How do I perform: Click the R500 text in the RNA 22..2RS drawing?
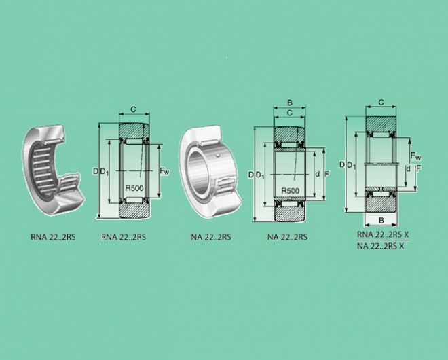tap(134, 188)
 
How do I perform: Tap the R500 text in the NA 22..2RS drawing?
tap(291, 191)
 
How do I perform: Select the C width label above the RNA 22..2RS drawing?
tap(133, 109)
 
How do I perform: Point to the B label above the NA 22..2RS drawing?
tap(290, 103)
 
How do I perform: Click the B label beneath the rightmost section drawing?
tap(381, 221)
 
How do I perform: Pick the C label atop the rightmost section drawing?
tap(381, 103)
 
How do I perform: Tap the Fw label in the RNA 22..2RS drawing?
tap(164, 171)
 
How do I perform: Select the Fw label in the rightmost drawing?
tap(415, 156)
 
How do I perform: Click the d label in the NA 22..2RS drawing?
tap(318, 174)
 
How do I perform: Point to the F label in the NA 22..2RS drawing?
tap(327, 174)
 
